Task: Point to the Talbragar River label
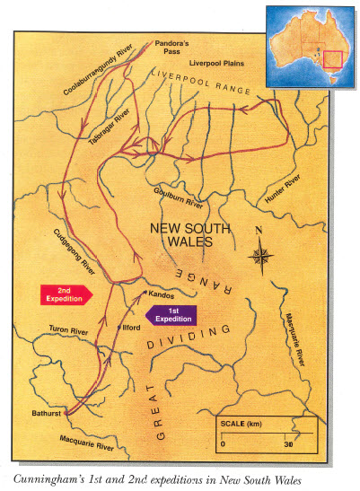point(110,123)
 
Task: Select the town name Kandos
point(162,294)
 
